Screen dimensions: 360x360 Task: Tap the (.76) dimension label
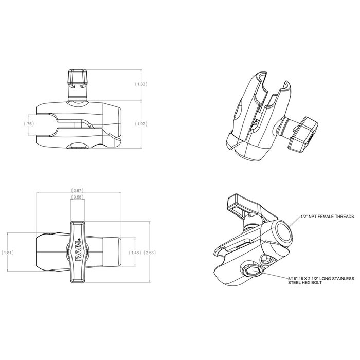point(29,124)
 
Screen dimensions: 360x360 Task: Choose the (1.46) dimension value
point(136,253)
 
